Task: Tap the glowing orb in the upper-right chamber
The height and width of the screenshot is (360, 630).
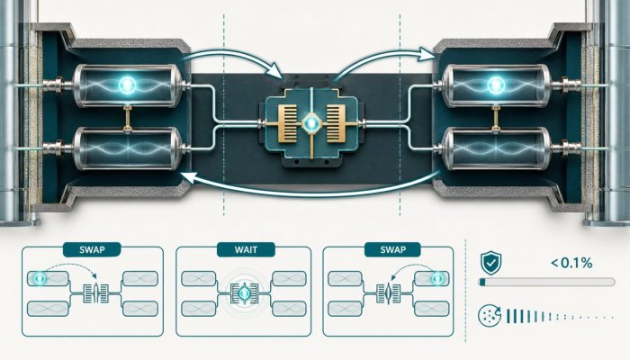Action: click(x=495, y=85)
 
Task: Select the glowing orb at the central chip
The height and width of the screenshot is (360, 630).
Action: click(x=311, y=123)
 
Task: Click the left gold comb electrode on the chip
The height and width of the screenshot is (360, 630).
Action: click(x=287, y=123)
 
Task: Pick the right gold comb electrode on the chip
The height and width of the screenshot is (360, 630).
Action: click(x=336, y=123)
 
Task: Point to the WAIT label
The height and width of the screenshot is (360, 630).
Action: click(x=246, y=250)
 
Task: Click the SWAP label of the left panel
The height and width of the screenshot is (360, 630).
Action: click(x=92, y=250)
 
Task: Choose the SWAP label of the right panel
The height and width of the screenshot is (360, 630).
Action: click(x=393, y=250)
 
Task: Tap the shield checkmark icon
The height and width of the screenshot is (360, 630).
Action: click(x=490, y=263)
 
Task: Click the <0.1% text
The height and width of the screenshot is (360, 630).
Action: click(x=571, y=263)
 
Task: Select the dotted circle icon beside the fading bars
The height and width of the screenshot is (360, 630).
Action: click(x=490, y=315)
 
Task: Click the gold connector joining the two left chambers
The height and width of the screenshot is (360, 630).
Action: click(x=128, y=117)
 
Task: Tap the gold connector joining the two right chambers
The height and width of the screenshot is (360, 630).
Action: click(x=495, y=117)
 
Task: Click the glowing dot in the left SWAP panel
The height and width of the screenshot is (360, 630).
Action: click(x=40, y=277)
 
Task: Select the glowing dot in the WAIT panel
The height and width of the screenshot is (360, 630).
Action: click(x=244, y=294)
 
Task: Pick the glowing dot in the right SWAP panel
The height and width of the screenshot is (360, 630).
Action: click(x=437, y=278)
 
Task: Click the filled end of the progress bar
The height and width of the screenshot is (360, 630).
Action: click(x=482, y=283)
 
